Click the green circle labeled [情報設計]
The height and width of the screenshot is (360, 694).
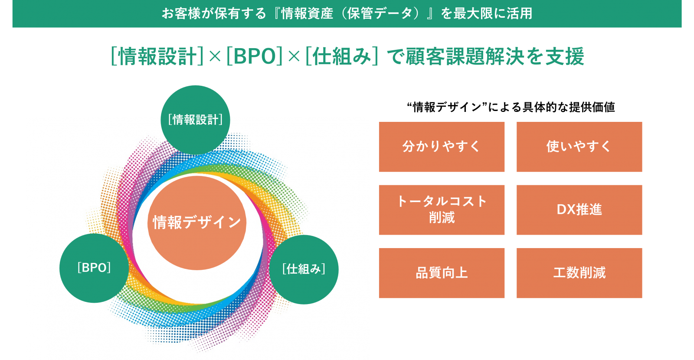pos(195,120)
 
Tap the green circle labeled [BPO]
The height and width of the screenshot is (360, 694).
pos(94,268)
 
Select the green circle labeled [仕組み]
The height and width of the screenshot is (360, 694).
pos(304,269)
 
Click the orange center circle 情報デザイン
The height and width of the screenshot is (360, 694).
pos(197,223)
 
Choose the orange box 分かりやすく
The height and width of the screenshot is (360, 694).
pos(442,147)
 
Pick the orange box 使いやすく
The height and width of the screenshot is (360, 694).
pos(579,147)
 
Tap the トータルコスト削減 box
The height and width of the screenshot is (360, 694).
pos(442,210)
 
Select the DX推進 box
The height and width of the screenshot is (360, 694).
pos(579,210)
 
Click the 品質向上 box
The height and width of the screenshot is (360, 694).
pos(442,273)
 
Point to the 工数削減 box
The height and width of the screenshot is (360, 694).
pos(579,273)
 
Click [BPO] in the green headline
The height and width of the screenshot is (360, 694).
pos(255,56)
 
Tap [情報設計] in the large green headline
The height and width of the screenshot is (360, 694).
pos(157,56)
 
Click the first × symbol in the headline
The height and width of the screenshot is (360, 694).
pos(215,57)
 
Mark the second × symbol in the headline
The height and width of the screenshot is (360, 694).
pos(294,57)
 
